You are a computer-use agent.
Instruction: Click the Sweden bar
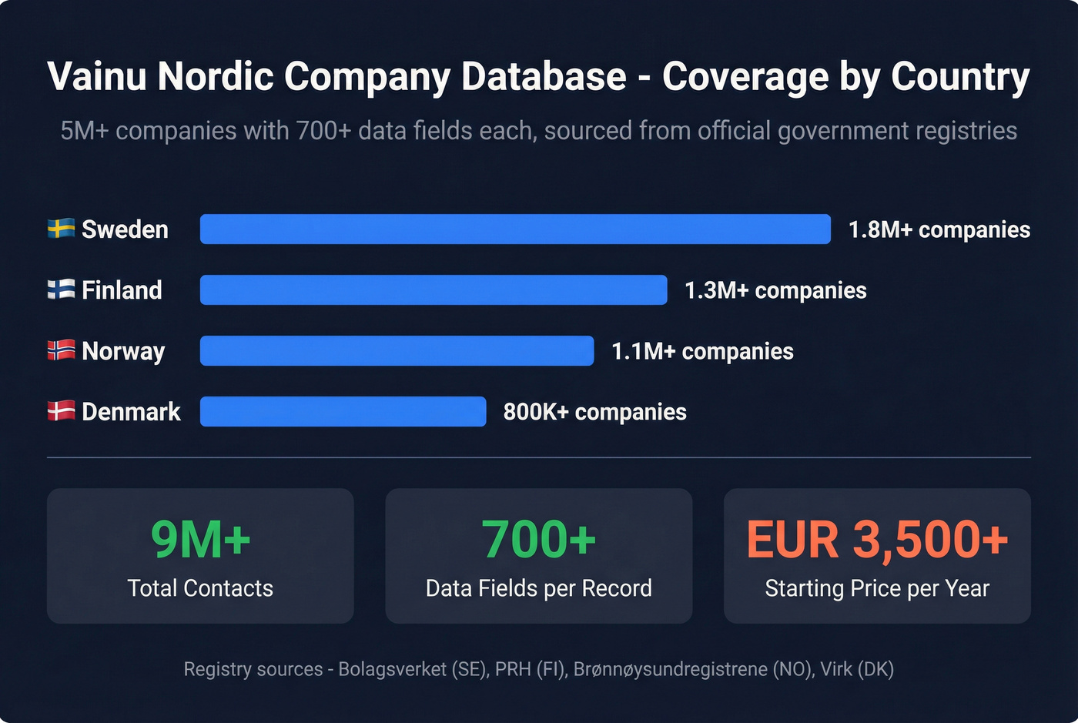[515, 229]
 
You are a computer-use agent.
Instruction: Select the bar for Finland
[434, 290]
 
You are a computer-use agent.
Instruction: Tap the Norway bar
[397, 351]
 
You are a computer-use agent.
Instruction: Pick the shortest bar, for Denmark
[343, 412]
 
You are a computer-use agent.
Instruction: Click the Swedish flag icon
[62, 229]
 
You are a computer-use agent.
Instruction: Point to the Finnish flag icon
[62, 290]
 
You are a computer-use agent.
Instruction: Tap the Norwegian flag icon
[62, 350]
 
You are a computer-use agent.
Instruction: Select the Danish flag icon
[62, 411]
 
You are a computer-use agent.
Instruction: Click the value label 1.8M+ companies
[939, 229]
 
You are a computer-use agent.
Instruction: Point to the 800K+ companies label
[594, 412]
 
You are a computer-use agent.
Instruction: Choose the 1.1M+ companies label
[702, 351]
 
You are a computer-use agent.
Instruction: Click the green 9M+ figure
[200, 539]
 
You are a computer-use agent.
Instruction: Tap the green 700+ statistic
[539, 539]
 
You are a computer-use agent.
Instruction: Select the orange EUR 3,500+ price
[877, 539]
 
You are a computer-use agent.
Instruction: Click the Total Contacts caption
[200, 588]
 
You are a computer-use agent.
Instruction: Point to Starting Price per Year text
[877, 588]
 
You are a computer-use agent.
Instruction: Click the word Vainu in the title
[96, 76]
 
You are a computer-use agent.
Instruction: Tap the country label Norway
[123, 351]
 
